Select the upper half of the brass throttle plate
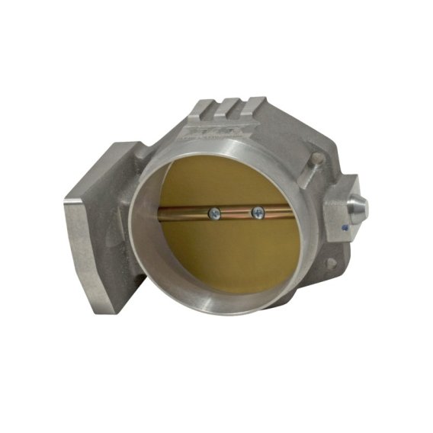click(229, 175)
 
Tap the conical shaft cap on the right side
click(358, 207)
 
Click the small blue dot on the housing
click(345, 226)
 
